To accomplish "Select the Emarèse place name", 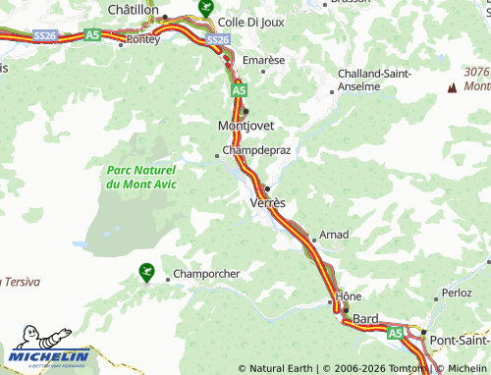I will (x=263, y=60).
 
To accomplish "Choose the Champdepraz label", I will (x=256, y=151).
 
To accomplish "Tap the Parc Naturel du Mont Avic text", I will (x=141, y=177).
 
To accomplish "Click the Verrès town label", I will (x=268, y=202).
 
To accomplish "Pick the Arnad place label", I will (x=334, y=236).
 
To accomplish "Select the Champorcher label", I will (x=206, y=274).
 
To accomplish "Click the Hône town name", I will (x=349, y=295).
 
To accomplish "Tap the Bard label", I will (x=366, y=319).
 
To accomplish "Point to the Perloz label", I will (x=458, y=293).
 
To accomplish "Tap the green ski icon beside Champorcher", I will (x=147, y=271).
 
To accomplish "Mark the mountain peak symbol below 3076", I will (x=453, y=88).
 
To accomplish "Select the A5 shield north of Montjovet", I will (x=239, y=89).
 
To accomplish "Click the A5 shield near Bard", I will (x=396, y=334).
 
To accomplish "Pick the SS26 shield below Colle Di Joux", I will (x=218, y=39).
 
